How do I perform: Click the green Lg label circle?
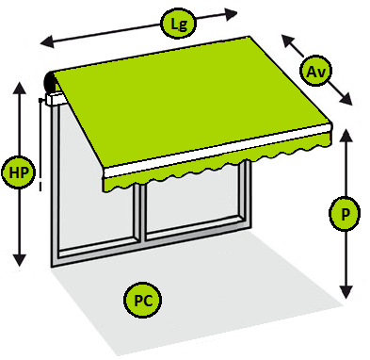click(x=178, y=24)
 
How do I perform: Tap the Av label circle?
click(x=315, y=72)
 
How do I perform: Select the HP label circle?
click(x=19, y=172)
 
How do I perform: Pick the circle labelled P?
click(x=345, y=214)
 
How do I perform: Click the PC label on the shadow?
click(x=143, y=301)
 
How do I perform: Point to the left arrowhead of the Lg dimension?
click(x=47, y=41)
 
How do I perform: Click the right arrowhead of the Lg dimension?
click(x=231, y=14)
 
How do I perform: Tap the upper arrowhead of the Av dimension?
click(x=288, y=41)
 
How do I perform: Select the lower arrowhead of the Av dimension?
click(x=346, y=99)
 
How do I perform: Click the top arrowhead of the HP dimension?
click(x=20, y=88)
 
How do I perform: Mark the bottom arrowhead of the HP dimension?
click(x=20, y=260)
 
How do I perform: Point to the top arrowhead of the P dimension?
click(x=346, y=135)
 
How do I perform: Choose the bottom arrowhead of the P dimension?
click(x=346, y=292)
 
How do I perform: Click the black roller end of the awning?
click(x=50, y=82)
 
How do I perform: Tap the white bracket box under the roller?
click(x=56, y=99)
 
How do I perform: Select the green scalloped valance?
click(x=217, y=162)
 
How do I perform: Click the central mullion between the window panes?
click(x=142, y=213)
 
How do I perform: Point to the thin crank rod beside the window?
click(x=40, y=144)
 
